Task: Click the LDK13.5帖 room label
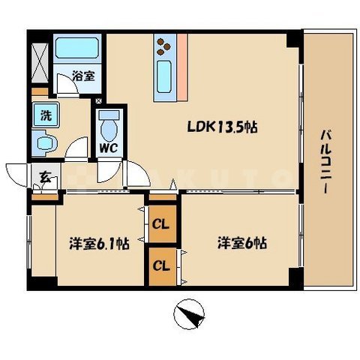(x=222, y=127)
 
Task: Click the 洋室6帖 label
(x=243, y=244)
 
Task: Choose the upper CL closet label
(x=160, y=223)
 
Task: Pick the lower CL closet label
(x=160, y=265)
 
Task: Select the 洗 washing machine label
(x=46, y=117)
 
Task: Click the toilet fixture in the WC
(x=110, y=122)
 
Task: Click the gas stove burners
(x=163, y=48)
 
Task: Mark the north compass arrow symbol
(x=190, y=313)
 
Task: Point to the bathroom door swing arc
(x=66, y=86)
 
